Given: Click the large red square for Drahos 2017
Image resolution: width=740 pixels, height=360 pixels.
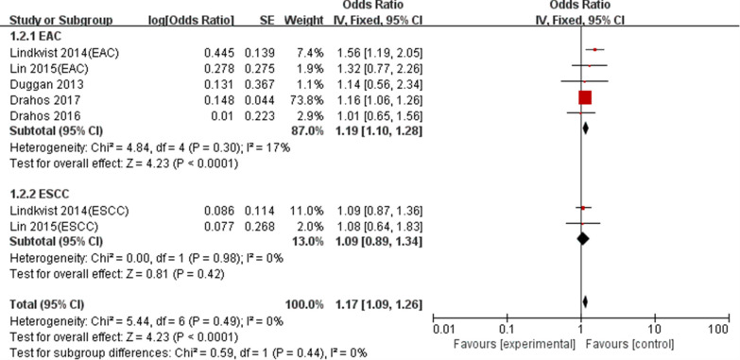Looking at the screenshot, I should click(x=584, y=97).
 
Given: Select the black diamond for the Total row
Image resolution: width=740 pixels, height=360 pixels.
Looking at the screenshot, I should click(x=585, y=302).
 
